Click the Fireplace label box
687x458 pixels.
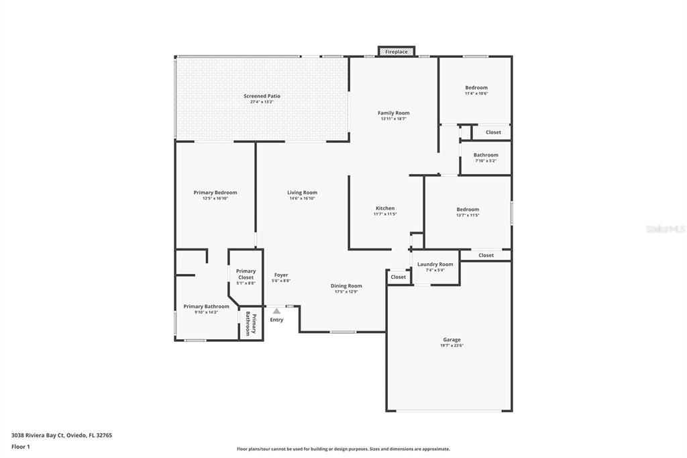click(396, 52)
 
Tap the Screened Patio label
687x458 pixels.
click(262, 96)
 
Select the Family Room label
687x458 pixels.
click(393, 113)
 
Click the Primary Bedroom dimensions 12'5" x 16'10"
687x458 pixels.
click(215, 199)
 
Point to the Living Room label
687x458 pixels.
click(302, 193)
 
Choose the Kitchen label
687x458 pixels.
click(385, 208)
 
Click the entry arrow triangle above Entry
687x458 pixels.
click(276, 311)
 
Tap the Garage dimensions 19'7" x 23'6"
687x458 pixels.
click(452, 346)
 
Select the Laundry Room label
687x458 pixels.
click(435, 264)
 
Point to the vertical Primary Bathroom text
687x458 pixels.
click(251, 324)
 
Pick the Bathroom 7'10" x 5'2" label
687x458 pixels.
click(486, 155)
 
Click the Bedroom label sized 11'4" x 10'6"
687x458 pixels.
click(476, 87)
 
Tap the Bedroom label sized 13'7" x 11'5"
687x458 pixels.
click(468, 210)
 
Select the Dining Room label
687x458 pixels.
click(346, 285)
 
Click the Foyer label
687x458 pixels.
click(281, 275)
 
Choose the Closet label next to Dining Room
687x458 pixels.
click(398, 277)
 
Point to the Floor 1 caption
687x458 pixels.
click(21, 447)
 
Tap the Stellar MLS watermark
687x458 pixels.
click(665, 229)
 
